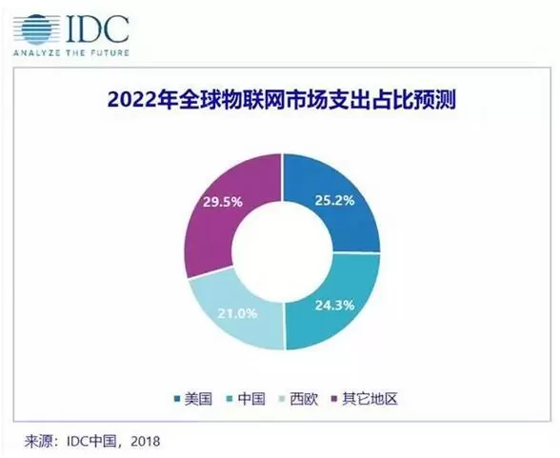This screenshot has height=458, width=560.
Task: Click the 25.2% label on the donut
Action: (334, 201)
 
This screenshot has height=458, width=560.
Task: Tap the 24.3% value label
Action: (334, 306)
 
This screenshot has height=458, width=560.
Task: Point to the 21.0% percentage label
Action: (237, 313)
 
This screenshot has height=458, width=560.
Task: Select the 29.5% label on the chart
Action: (223, 202)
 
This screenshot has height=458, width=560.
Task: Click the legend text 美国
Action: (198, 398)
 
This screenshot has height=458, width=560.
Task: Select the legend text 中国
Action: (251, 398)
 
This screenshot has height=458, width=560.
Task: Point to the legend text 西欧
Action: (304, 398)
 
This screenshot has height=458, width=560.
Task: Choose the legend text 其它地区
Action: (370, 398)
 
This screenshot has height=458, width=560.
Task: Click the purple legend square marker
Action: (334, 399)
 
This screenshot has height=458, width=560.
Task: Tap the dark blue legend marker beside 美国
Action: (177, 399)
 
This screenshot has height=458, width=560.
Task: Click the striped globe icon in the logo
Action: (36, 30)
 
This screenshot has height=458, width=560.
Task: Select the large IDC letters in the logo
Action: (97, 29)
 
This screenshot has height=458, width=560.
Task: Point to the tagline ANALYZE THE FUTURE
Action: (71, 52)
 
